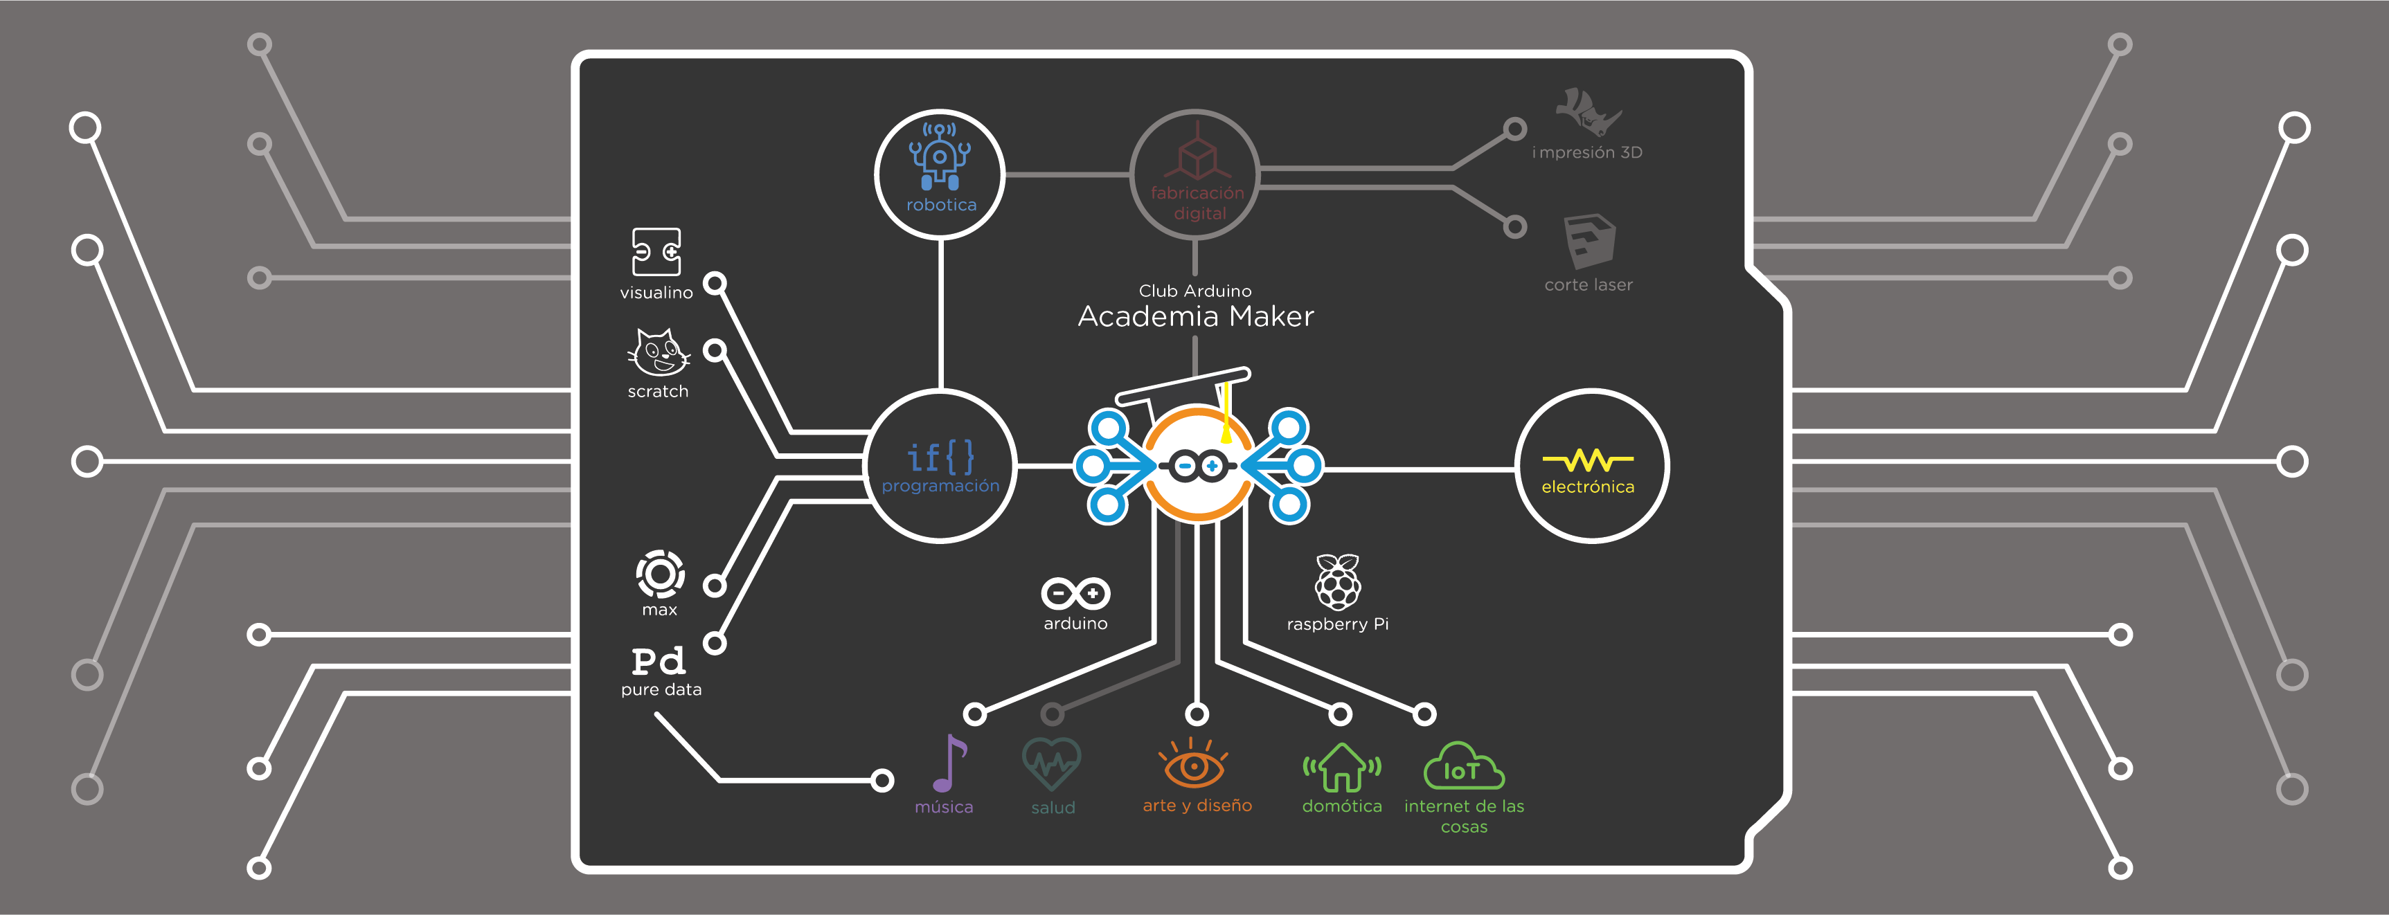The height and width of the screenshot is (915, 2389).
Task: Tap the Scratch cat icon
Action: (x=658, y=352)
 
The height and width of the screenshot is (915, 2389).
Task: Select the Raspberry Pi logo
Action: (x=1337, y=582)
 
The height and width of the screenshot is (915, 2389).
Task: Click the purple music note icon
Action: (x=949, y=763)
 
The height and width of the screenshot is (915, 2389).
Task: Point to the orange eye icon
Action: (x=1194, y=765)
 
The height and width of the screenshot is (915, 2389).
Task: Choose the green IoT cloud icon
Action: (x=1462, y=768)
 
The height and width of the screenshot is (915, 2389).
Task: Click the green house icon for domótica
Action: (x=1341, y=768)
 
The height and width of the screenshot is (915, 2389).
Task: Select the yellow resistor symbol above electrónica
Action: (x=1588, y=460)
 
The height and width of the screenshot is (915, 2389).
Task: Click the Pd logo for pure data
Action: (x=659, y=661)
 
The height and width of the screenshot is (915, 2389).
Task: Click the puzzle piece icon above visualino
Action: (x=656, y=252)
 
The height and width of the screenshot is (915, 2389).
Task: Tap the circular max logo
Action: (x=661, y=574)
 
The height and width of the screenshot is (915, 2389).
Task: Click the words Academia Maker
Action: (x=1195, y=317)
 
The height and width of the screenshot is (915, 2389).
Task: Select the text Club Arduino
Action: (x=1194, y=291)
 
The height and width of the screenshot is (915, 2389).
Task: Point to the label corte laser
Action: (x=1588, y=284)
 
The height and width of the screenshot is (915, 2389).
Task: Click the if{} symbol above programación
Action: (x=940, y=457)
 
